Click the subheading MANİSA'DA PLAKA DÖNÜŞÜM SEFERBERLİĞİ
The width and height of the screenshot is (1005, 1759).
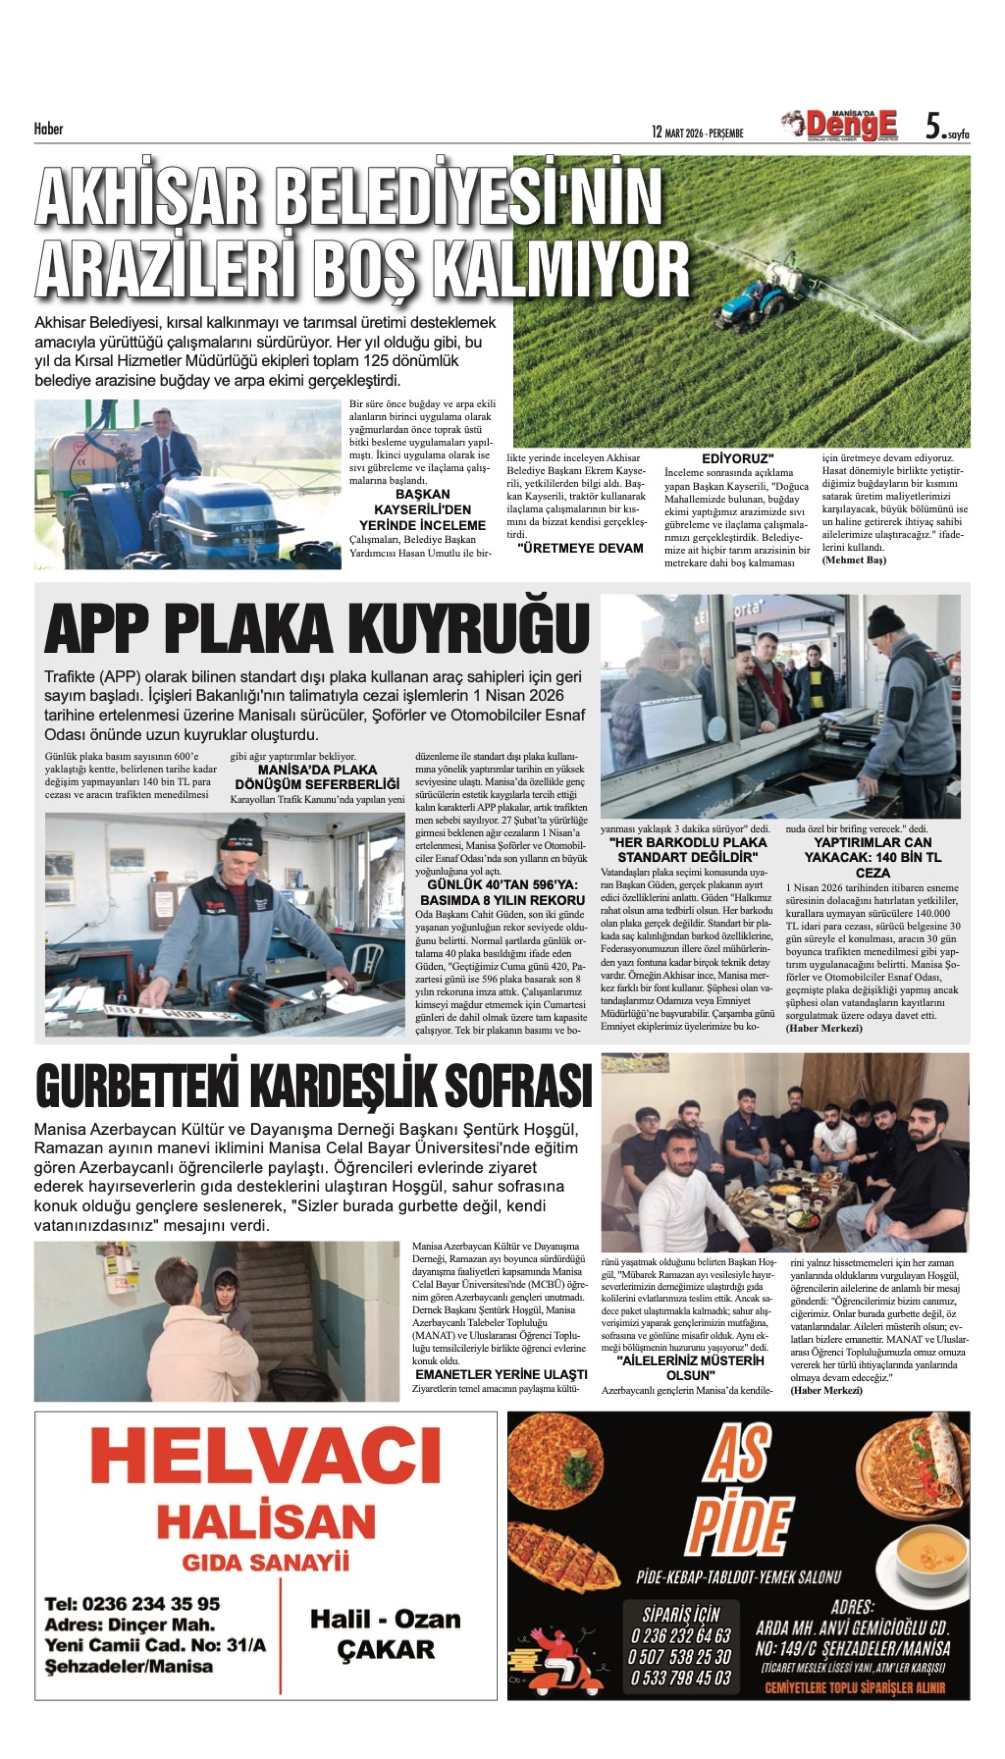click(317, 777)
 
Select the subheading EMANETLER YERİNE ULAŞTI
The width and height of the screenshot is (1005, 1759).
click(500, 1374)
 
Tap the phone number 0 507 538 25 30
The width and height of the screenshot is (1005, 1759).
click(679, 1657)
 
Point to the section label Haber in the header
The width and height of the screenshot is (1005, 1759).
click(48, 129)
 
